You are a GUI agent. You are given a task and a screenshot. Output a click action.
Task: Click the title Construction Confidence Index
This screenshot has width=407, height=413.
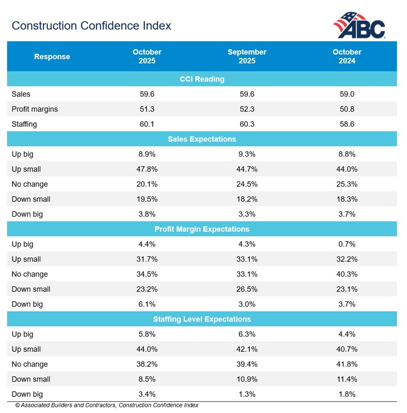(91, 26)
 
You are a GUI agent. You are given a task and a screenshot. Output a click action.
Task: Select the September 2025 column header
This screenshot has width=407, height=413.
(247, 56)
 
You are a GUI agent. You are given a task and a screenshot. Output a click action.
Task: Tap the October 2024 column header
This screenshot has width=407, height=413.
(347, 56)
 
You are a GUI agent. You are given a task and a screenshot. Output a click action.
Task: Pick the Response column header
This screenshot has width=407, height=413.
(52, 57)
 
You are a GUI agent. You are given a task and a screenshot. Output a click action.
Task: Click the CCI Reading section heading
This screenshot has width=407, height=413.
(202, 79)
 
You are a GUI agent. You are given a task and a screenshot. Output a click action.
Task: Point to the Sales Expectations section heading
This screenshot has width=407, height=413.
(202, 139)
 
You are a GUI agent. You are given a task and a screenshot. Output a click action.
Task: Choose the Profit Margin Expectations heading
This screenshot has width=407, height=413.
(202, 229)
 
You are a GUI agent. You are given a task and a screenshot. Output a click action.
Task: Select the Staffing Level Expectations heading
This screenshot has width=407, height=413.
(202, 319)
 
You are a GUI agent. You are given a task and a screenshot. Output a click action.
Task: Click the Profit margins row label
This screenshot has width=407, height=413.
(35, 109)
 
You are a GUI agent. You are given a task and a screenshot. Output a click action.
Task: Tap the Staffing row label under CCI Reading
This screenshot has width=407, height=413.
(24, 124)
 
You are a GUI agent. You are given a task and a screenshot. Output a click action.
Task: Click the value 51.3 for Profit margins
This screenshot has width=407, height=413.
(147, 109)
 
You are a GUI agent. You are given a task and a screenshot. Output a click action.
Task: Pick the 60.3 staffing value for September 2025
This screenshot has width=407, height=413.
(247, 124)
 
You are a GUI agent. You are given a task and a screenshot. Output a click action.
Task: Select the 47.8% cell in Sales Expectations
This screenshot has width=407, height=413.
(147, 169)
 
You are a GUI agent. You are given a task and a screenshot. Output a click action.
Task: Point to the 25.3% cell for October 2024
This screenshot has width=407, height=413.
(347, 184)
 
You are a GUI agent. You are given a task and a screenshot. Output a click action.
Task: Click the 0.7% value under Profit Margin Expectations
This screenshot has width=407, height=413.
(347, 245)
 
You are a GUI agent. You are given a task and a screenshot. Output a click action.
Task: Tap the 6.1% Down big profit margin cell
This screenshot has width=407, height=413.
(147, 304)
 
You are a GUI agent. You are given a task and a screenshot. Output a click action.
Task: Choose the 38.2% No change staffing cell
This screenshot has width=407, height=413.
(147, 364)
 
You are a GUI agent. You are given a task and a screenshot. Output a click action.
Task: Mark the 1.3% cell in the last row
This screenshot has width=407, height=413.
(247, 394)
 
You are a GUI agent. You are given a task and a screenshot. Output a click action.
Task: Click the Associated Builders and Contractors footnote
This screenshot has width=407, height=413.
(107, 406)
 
